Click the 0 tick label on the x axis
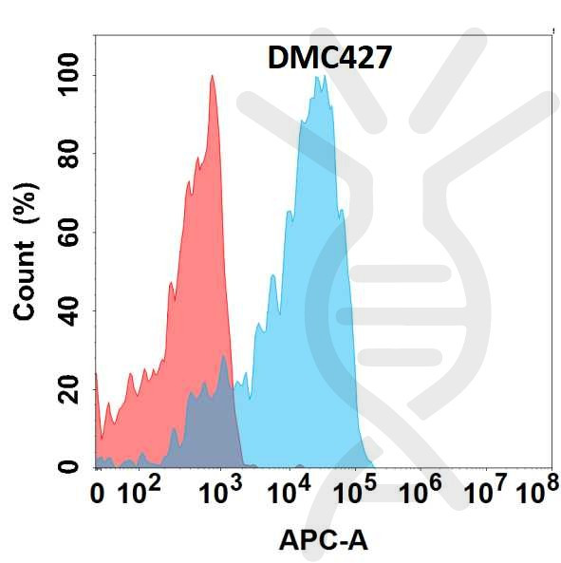coord(97,494)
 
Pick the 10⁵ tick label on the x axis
coord(357,492)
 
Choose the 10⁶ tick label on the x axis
coord(422,492)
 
